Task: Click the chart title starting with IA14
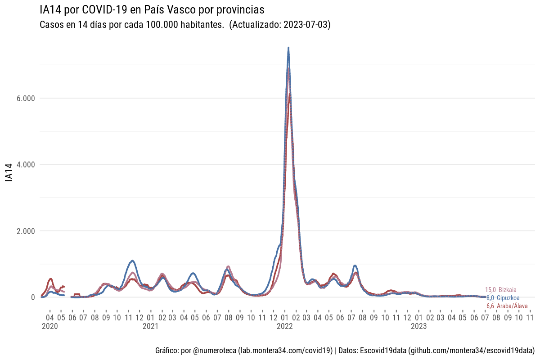pyautogui.click(x=152, y=9)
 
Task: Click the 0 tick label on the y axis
pyautogui.click(x=33, y=297)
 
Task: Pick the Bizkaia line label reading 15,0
pyautogui.click(x=501, y=290)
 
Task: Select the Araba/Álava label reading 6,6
pyautogui.click(x=507, y=306)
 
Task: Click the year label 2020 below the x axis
pyautogui.click(x=50, y=327)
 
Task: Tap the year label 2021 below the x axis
pyautogui.click(x=151, y=327)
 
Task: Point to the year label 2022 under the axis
pyautogui.click(x=285, y=327)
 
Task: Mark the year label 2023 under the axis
pyautogui.click(x=419, y=327)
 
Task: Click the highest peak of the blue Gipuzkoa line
pyautogui.click(x=288, y=48)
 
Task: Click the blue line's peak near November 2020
pyautogui.click(x=132, y=261)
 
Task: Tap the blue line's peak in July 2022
pyautogui.click(x=355, y=265)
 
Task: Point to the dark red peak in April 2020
pyautogui.click(x=50, y=279)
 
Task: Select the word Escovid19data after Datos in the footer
pyautogui.click(x=383, y=350)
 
